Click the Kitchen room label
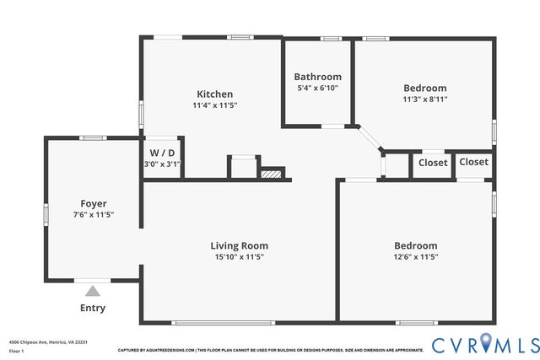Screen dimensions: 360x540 (215, 94)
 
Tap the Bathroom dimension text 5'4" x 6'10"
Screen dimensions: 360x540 (317, 88)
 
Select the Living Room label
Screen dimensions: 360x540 (239, 245)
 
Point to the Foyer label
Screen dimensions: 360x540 (93, 203)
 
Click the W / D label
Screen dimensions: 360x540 (162, 153)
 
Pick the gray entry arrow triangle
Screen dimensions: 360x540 (93, 290)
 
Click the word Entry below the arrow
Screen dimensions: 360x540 (93, 308)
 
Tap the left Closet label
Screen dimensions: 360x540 (433, 163)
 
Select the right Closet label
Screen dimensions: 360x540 (473, 162)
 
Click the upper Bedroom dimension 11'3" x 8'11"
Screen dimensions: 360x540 (424, 99)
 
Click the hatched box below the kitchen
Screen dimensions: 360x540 (269, 175)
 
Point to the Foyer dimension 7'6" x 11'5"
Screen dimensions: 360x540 (93, 215)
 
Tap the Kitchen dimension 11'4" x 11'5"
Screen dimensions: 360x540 (215, 105)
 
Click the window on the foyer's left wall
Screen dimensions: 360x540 (46, 212)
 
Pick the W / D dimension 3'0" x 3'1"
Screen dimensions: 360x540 (162, 164)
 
